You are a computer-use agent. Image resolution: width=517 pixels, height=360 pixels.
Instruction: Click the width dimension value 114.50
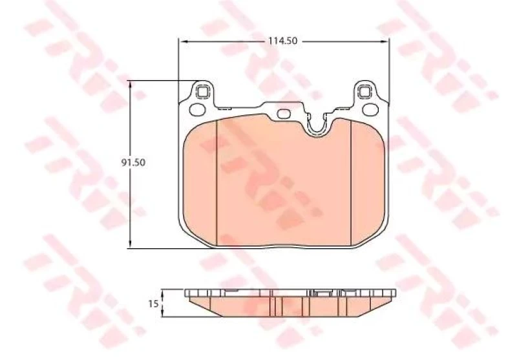[282, 41]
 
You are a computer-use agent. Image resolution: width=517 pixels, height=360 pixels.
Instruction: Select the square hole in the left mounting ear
[202, 91]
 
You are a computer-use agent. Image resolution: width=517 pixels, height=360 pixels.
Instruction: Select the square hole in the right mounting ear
[364, 91]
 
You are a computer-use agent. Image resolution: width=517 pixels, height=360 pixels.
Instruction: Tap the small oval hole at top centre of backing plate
[284, 114]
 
